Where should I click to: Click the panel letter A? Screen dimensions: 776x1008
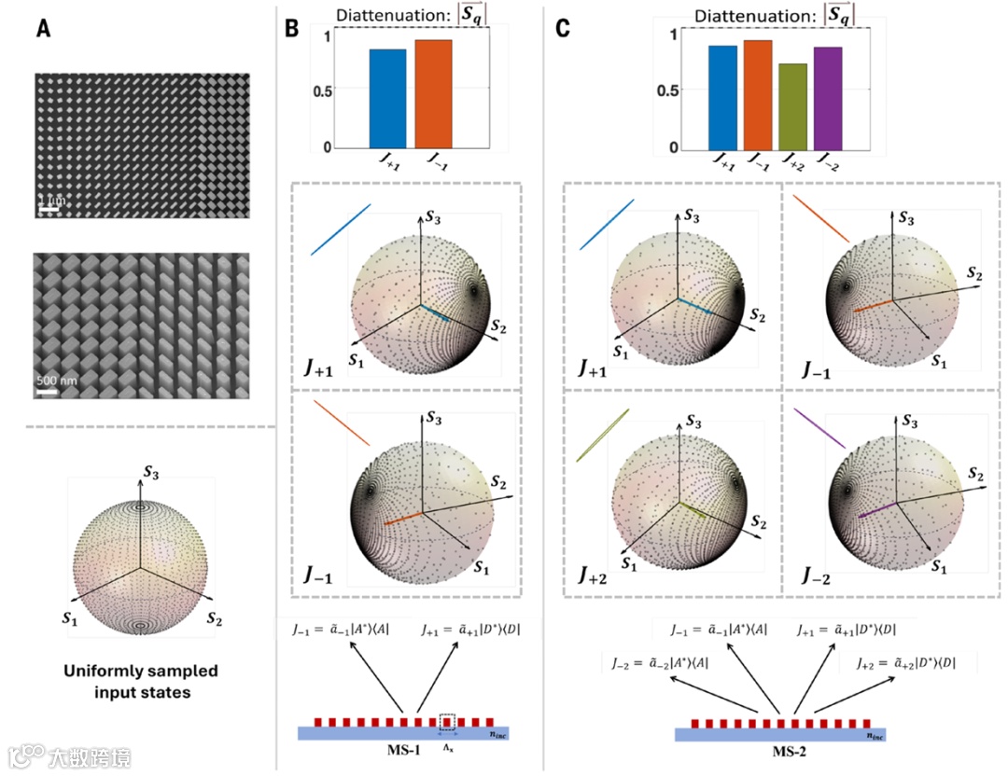tap(43, 29)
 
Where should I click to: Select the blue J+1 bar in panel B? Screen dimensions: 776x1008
tap(387, 98)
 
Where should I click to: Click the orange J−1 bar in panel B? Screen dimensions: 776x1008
tap(433, 93)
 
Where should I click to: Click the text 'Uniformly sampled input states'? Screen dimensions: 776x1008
tap(140, 682)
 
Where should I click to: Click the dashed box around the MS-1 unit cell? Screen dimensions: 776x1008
tap(447, 722)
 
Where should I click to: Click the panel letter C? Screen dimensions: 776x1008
tap(563, 29)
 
